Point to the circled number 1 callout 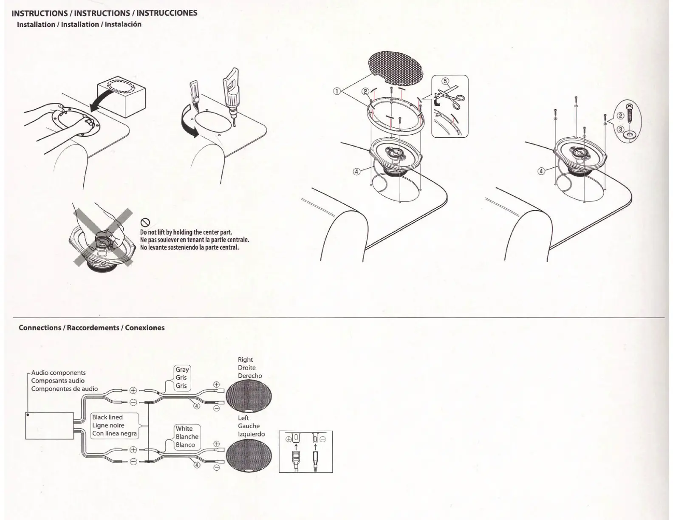point(336,90)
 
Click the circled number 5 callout point(445,81)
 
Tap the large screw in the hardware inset point(630,112)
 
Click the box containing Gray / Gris point(182,378)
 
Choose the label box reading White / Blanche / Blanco point(187,437)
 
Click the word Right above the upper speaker point(245,359)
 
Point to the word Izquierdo point(251,434)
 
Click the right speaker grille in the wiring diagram point(249,395)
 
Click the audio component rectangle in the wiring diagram point(49,425)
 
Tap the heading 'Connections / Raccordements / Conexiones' point(91,328)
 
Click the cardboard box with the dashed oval point(121,94)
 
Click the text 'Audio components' point(59,373)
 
